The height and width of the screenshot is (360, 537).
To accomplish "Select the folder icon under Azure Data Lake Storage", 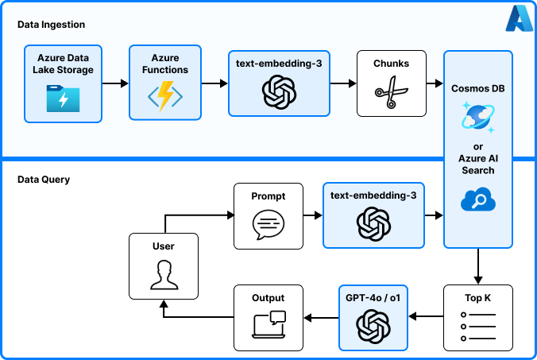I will (63, 99).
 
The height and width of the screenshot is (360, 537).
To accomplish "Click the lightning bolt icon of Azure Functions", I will (166, 97).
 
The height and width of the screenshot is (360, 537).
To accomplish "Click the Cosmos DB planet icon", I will (477, 118).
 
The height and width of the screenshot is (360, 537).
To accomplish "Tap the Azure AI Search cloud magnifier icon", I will (478, 200).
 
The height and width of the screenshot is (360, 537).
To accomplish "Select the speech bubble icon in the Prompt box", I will (268, 225).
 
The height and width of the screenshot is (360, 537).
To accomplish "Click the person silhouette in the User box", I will (163, 275).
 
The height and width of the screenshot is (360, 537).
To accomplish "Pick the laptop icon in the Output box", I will (268, 325).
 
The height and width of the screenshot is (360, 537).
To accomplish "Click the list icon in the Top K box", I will (478, 327).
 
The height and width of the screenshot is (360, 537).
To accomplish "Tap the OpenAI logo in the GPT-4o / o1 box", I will (372, 326).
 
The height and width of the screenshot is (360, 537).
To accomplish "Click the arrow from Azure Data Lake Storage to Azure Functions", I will (115, 83).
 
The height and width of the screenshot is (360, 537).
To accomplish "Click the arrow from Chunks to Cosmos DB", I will (435, 83).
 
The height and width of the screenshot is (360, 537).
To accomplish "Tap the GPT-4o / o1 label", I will (372, 298).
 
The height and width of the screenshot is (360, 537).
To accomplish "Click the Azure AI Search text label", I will (478, 165).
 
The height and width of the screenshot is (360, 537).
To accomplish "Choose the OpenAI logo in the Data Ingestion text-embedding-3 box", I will (278, 92).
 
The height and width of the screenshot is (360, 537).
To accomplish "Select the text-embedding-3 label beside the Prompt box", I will (373, 194).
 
